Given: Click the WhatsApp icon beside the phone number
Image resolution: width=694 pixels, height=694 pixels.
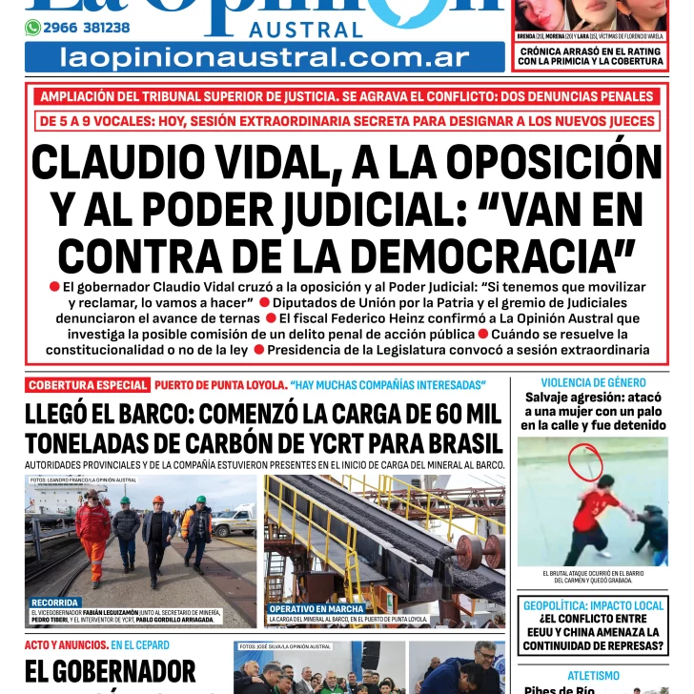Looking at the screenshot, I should (x=32, y=28).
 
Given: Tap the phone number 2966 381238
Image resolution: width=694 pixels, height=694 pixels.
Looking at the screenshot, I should (x=87, y=28).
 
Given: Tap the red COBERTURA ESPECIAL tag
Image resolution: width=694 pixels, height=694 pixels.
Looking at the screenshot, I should (x=87, y=385).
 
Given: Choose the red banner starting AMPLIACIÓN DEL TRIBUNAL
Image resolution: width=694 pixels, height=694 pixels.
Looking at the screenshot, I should (x=347, y=96).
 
